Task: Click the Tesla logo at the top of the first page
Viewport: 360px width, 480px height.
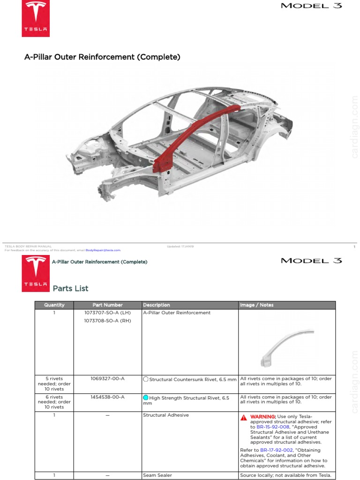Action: [36, 18]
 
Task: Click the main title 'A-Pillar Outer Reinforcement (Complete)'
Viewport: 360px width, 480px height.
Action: [102, 57]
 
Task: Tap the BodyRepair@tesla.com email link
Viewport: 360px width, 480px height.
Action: [103, 250]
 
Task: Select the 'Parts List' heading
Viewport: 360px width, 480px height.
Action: [70, 288]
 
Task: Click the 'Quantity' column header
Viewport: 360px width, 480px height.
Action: [54, 305]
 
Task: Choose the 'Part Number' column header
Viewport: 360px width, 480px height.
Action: [107, 305]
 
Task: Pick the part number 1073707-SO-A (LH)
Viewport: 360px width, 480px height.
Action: [107, 313]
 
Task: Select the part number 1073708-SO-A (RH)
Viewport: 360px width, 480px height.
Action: [107, 321]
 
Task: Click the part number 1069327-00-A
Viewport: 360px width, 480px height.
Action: [107, 378]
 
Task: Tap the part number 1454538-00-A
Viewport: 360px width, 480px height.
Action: [107, 397]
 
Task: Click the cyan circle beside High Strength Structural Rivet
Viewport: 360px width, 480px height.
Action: [146, 398]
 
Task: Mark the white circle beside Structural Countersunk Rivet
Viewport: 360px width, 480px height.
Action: [146, 379]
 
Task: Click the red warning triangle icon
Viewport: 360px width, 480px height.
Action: [244, 417]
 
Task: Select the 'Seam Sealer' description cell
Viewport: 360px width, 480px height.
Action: [157, 475]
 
